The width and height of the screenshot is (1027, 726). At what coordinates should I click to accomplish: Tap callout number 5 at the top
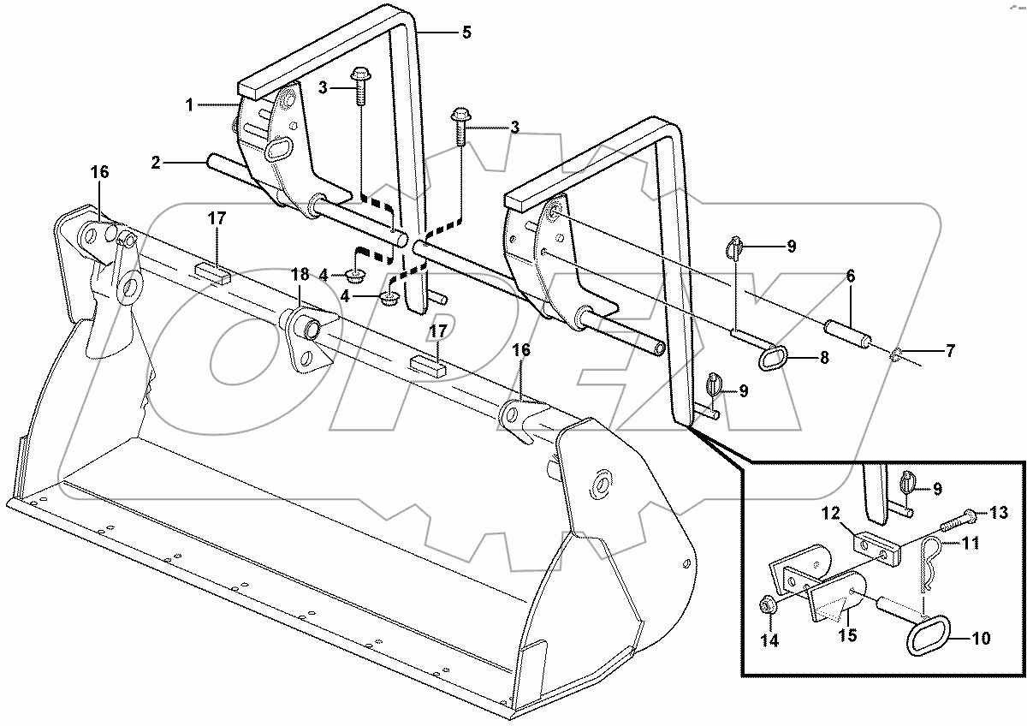click(x=466, y=33)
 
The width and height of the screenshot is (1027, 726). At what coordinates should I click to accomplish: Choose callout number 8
click(x=824, y=358)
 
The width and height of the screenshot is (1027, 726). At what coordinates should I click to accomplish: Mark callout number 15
click(x=846, y=636)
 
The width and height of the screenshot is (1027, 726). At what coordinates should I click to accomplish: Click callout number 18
click(x=300, y=275)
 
